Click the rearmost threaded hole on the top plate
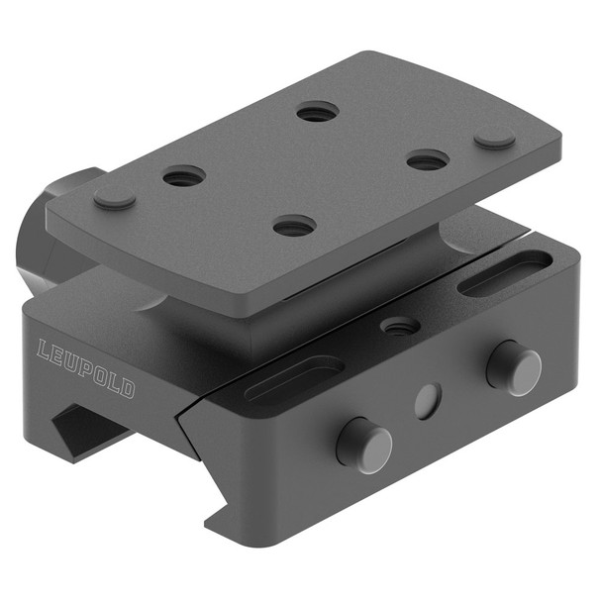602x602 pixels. pos(317,113)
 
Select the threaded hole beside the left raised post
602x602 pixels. pos(184,177)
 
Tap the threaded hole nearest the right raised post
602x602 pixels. pos(428,159)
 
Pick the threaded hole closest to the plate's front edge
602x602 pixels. pos(294,227)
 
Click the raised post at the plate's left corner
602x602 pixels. pos(115,198)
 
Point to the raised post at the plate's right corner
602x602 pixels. pos(494,140)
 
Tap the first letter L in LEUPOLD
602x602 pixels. pos(45,350)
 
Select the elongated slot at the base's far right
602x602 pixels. pos(506,272)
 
